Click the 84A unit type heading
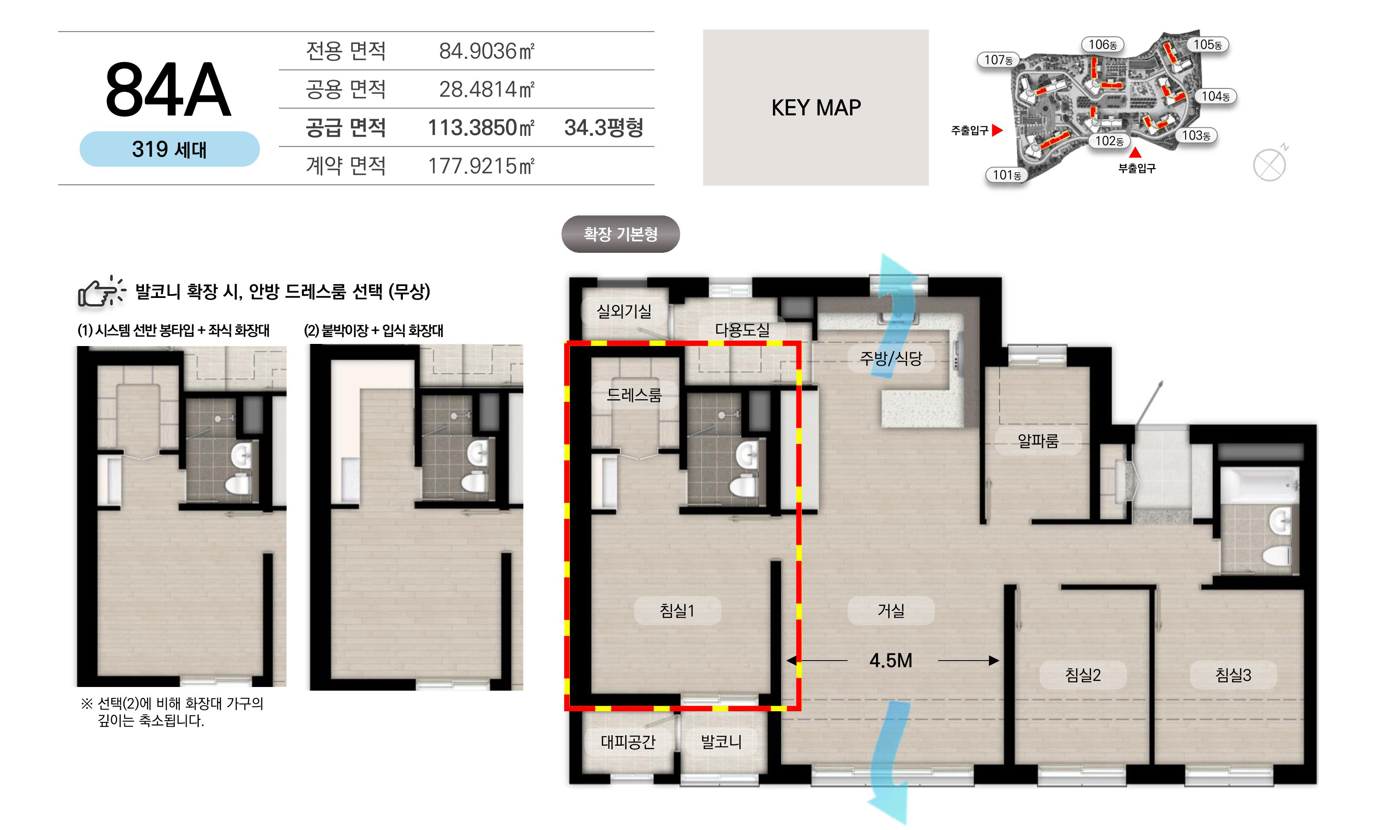coord(168,89)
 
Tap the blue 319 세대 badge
coord(169,149)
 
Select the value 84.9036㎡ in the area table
coord(487,51)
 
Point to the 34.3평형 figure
coord(603,128)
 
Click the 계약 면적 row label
coord(346,166)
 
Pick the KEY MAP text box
coord(815,107)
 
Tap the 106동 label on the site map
coord(1103,45)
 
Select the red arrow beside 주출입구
coord(997,130)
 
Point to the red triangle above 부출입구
coord(1135,152)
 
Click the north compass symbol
coord(1270,163)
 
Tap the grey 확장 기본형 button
coord(620,234)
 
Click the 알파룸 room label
coord(1038,441)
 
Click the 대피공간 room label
coord(628,741)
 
